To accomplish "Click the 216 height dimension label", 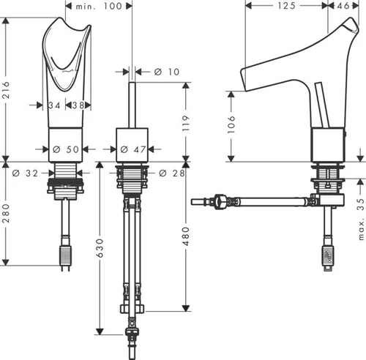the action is (x=6, y=90).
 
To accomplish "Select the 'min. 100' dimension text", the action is (x=99, y=6).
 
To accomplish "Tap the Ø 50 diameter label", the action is (x=66, y=149).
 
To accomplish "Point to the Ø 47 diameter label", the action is (x=133, y=149).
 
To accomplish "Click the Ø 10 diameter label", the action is (x=167, y=72).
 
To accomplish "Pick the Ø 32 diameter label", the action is (x=26, y=173).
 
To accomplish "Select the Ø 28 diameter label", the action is (x=172, y=173).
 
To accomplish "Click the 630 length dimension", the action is (x=100, y=248).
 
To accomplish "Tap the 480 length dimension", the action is (x=186, y=236).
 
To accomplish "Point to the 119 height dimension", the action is (x=186, y=123).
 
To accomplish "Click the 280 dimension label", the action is (x=6, y=213).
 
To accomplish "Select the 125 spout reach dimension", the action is (x=287, y=6).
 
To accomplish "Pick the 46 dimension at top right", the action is (x=343, y=6).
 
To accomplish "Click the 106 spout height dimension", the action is (x=231, y=124).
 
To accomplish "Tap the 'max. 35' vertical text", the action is (x=362, y=219).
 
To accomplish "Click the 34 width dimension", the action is (x=54, y=105).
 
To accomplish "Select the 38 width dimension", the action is (x=78, y=105).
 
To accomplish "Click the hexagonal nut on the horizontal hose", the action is (x=220, y=201).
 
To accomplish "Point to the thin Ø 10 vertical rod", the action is (x=132, y=105).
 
